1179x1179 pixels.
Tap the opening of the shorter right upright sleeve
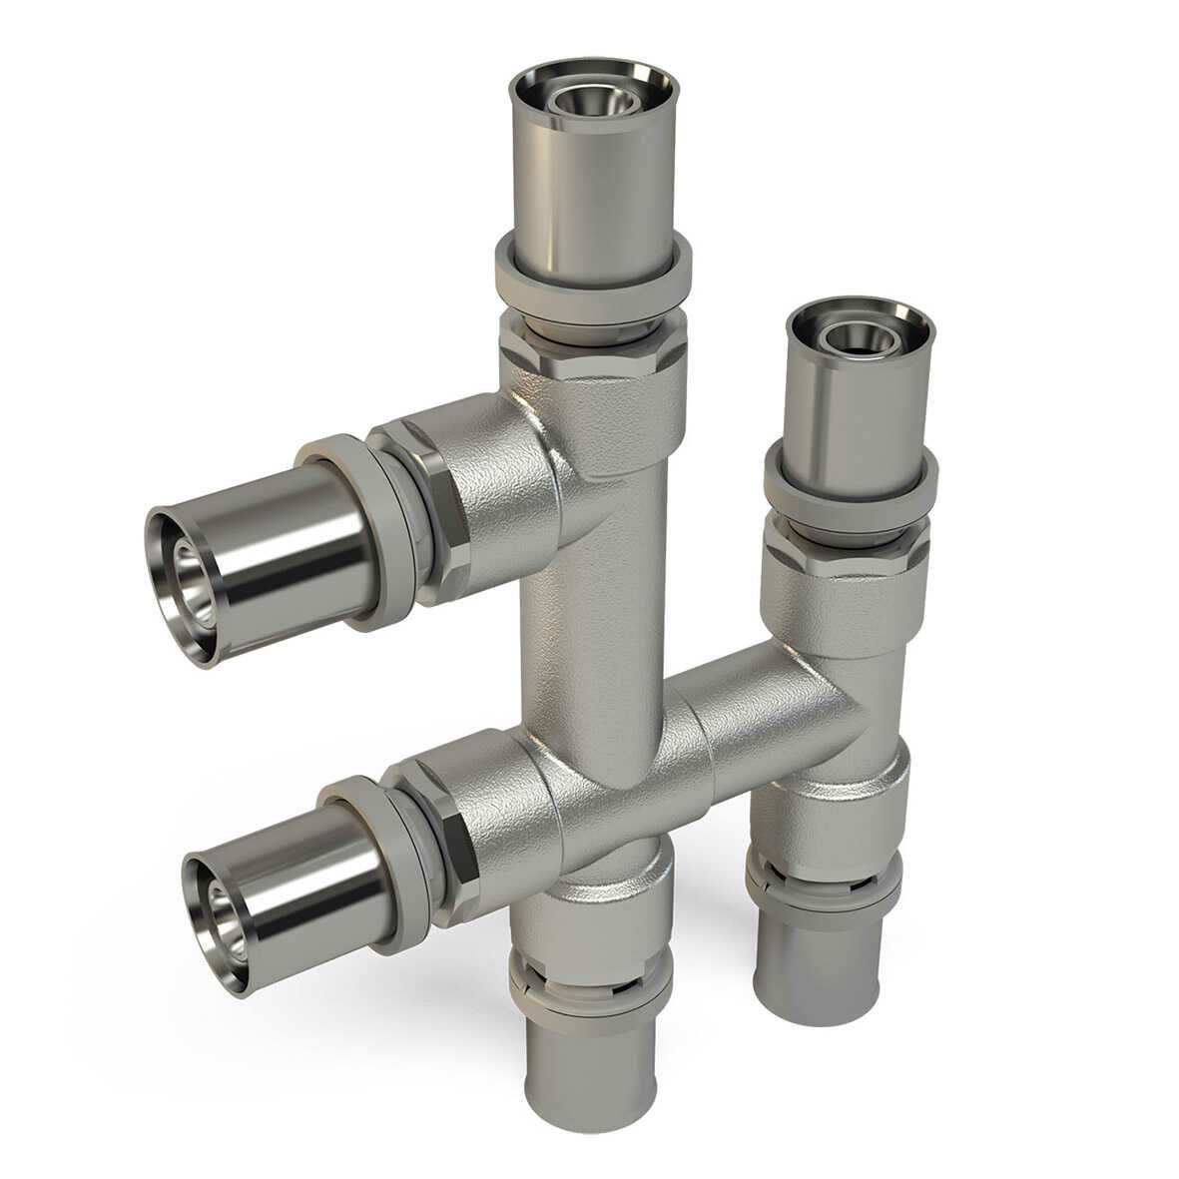tap(860, 335)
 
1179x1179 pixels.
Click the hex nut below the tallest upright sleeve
tap(593, 350)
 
